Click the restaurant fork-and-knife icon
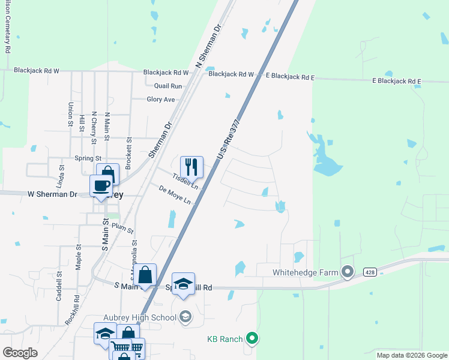point(191,167)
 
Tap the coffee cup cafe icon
point(101,185)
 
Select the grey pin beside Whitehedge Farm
point(348,272)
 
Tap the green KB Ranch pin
point(252,339)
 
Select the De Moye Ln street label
point(175,194)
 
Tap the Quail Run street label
point(167,86)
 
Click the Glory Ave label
point(161,100)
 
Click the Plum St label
point(122,228)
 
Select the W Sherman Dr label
point(52,194)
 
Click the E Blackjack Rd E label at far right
point(397,80)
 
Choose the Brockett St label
point(129,147)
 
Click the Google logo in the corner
point(20,353)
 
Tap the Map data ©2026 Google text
point(411,355)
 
